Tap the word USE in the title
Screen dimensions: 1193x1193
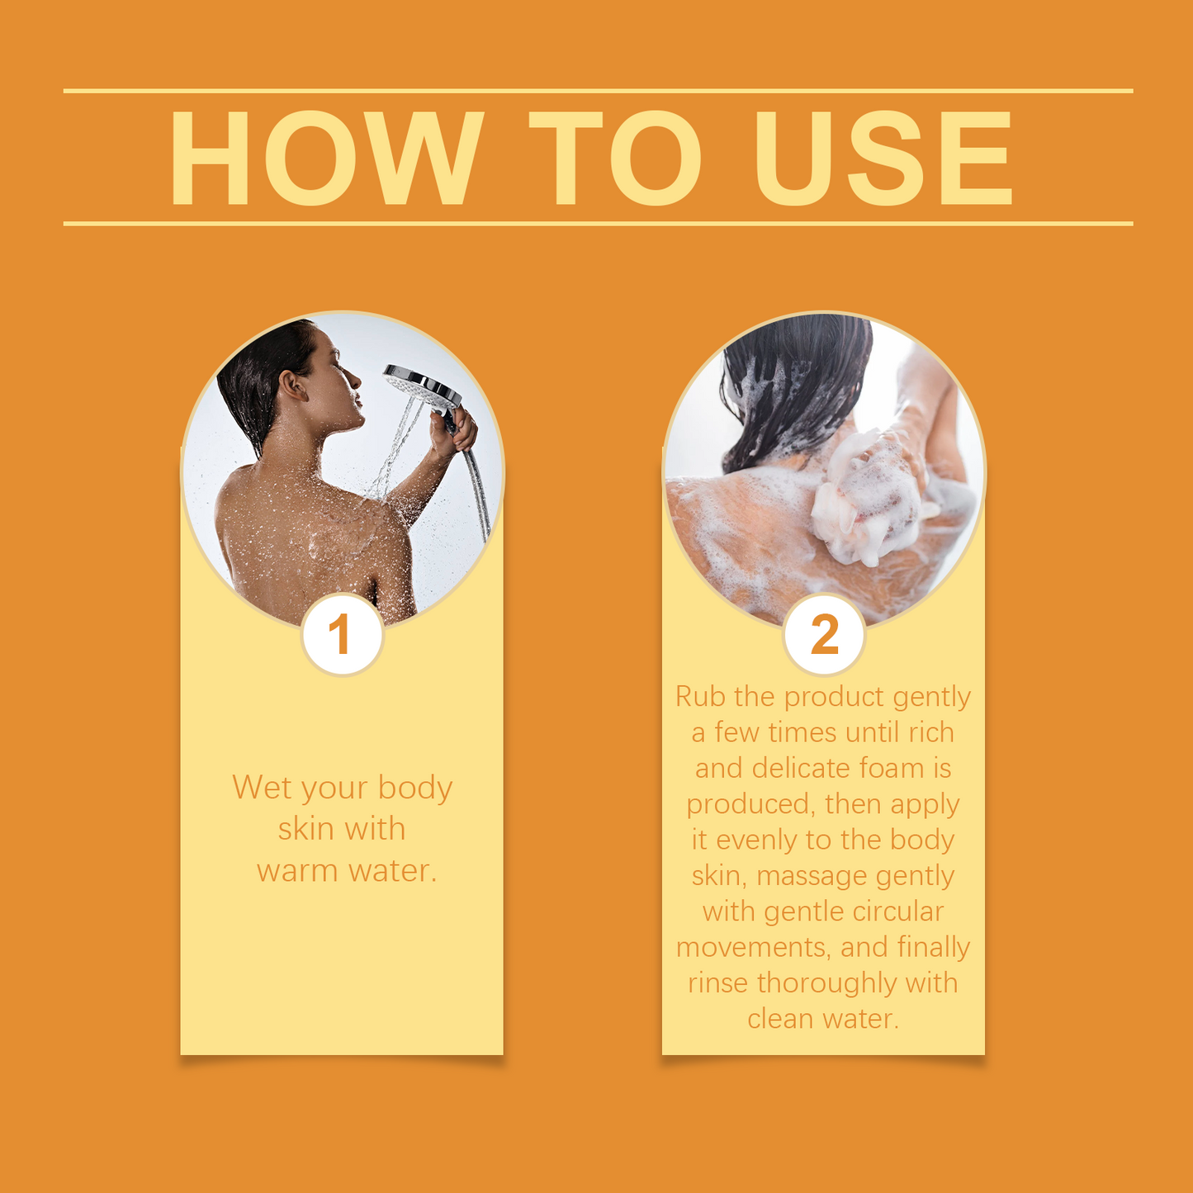click(x=883, y=158)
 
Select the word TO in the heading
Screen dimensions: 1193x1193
click(x=615, y=158)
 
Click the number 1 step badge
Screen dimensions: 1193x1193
click(x=343, y=635)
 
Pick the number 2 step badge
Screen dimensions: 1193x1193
click(x=824, y=635)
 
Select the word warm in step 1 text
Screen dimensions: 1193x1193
click(x=297, y=871)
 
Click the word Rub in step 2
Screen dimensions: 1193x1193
click(x=699, y=697)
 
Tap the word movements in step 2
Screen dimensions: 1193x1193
click(x=753, y=949)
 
